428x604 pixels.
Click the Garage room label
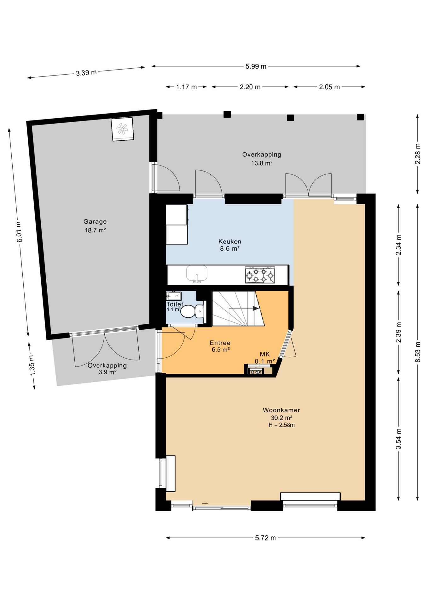click(95, 221)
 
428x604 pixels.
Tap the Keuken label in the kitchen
click(230, 242)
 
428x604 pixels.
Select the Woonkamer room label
click(281, 410)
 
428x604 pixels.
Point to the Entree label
click(220, 343)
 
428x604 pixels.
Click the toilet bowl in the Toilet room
click(191, 311)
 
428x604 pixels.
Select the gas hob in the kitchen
click(260, 275)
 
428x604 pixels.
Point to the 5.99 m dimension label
click(256, 66)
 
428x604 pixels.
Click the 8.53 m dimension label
click(418, 352)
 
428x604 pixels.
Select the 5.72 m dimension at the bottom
click(265, 538)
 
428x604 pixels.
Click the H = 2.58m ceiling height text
click(281, 425)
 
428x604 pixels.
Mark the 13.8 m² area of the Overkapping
click(262, 163)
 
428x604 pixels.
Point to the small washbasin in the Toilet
click(174, 296)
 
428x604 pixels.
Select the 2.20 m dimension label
click(250, 87)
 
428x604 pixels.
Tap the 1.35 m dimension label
click(32, 365)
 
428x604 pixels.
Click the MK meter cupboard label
click(265, 354)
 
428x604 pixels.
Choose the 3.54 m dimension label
click(399, 439)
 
